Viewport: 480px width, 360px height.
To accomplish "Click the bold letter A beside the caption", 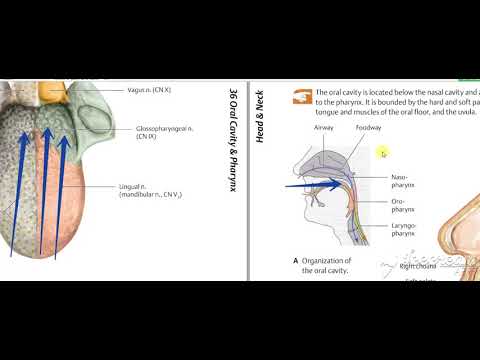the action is [x=296, y=260].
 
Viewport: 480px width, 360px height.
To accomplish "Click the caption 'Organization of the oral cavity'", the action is [x=331, y=266].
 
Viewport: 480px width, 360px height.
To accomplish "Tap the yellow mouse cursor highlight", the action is [x=382, y=152].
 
